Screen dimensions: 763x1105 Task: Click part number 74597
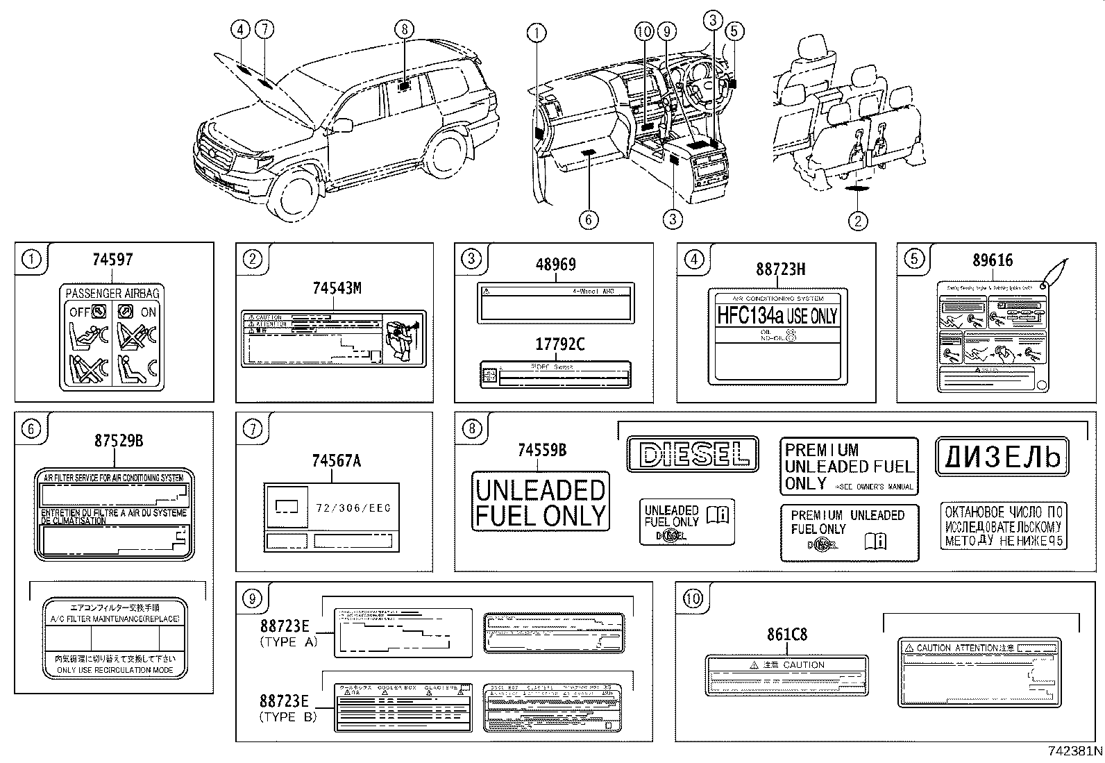[112, 260]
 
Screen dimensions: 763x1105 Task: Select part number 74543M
[337, 288]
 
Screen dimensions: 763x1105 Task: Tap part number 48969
[555, 265]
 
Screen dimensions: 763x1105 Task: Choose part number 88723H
[781, 269]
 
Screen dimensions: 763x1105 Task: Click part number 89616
[993, 260]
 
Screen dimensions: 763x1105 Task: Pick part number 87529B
[119, 440]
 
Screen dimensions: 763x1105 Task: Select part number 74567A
[337, 460]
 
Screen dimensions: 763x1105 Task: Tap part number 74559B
[542, 451]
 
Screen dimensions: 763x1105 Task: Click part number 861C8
[787, 635]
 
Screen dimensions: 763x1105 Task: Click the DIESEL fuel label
[693, 455]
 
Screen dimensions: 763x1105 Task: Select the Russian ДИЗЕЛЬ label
[1002, 457]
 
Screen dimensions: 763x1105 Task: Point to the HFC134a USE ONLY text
[777, 317]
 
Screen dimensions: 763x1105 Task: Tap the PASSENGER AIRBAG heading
[112, 293]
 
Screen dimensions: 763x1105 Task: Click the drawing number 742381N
[1075, 751]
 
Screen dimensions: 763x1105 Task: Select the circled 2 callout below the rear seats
[858, 221]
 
